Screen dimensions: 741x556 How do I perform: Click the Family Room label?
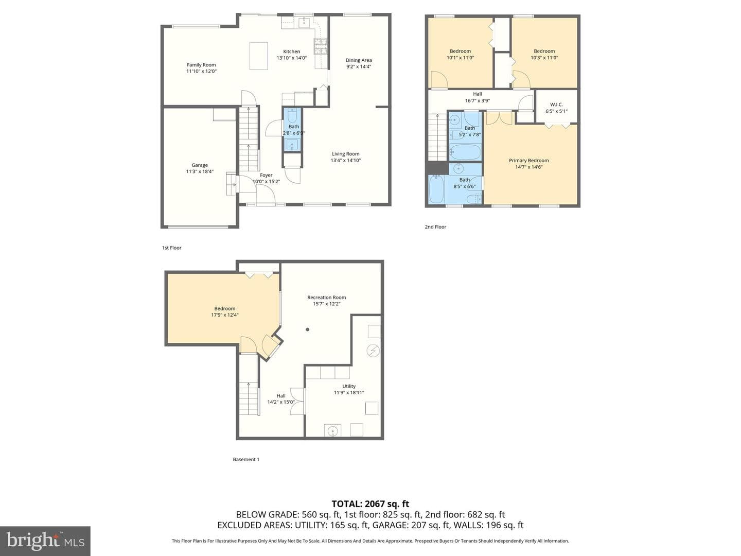point(201,65)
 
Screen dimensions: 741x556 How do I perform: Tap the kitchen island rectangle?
point(259,56)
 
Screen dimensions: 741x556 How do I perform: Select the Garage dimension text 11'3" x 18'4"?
point(200,171)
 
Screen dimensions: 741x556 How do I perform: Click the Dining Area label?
point(359,60)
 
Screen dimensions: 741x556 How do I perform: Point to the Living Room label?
point(346,153)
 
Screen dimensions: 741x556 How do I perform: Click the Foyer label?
point(266,175)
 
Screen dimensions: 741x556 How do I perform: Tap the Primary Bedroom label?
point(528,160)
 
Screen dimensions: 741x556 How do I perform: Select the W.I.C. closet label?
point(556,105)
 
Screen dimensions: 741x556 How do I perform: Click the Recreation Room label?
point(326,298)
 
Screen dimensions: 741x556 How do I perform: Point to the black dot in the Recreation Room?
point(308,329)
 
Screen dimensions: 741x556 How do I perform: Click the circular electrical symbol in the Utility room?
point(373,351)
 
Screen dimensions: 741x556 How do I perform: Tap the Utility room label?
point(349,386)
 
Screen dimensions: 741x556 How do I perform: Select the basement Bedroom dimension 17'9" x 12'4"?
point(225,315)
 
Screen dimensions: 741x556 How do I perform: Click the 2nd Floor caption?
point(435,227)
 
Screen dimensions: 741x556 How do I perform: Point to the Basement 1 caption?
point(246,459)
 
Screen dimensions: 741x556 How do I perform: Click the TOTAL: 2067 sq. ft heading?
point(370,504)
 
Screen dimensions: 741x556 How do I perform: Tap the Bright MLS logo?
point(45,541)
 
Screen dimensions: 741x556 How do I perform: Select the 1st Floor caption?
point(171,248)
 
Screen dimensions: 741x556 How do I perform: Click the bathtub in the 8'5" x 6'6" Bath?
point(436,189)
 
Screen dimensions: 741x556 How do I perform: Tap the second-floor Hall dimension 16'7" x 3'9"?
point(478,100)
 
